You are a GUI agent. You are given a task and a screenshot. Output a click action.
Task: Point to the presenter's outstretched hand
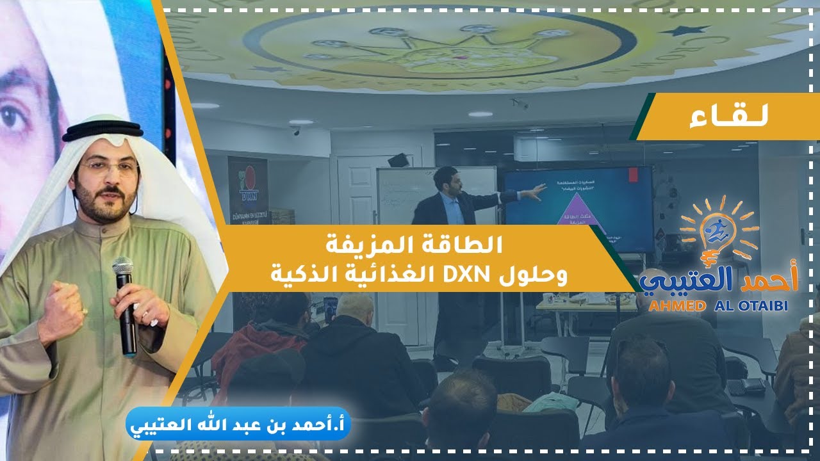[x=539, y=189]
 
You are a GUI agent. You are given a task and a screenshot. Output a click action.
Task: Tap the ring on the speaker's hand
[x=145, y=314]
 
